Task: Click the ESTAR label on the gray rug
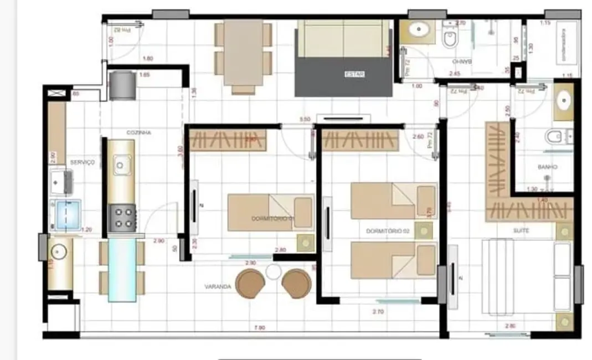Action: click(x=354, y=75)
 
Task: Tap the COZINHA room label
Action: click(x=139, y=133)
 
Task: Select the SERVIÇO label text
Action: click(x=83, y=162)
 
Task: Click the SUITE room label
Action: click(x=521, y=230)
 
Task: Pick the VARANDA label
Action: click(x=218, y=286)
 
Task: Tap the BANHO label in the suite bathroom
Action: click(x=547, y=166)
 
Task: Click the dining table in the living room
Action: click(x=244, y=54)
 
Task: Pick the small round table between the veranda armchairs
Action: click(x=274, y=271)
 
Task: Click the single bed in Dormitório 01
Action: click(x=270, y=212)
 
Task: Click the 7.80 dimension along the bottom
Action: click(x=259, y=328)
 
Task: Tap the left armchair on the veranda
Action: click(x=249, y=283)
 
